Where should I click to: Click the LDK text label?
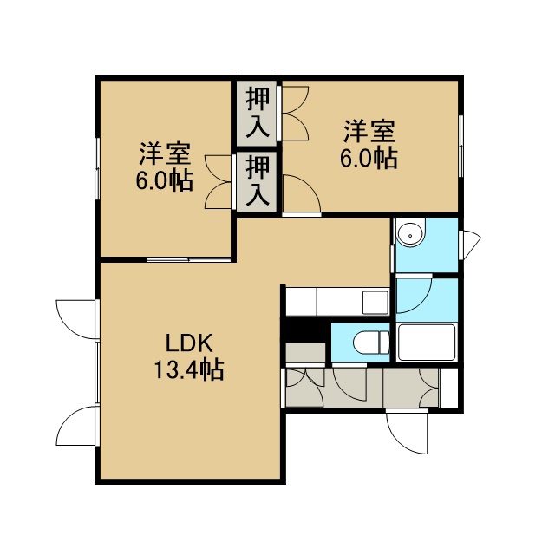189,343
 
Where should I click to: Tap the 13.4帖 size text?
189,370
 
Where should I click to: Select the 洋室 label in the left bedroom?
165,153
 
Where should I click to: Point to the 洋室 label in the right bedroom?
369,131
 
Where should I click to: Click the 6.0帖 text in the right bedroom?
369,158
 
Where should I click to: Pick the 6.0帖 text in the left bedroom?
165,180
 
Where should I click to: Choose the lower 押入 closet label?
258,181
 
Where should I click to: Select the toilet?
371,343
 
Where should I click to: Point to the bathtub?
427,342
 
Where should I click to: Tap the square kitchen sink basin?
375,302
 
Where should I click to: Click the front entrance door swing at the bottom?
407,431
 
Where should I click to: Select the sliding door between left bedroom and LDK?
189,259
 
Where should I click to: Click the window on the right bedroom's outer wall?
461,146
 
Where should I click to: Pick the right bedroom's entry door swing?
302,194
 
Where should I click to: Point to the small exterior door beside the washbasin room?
470,245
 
